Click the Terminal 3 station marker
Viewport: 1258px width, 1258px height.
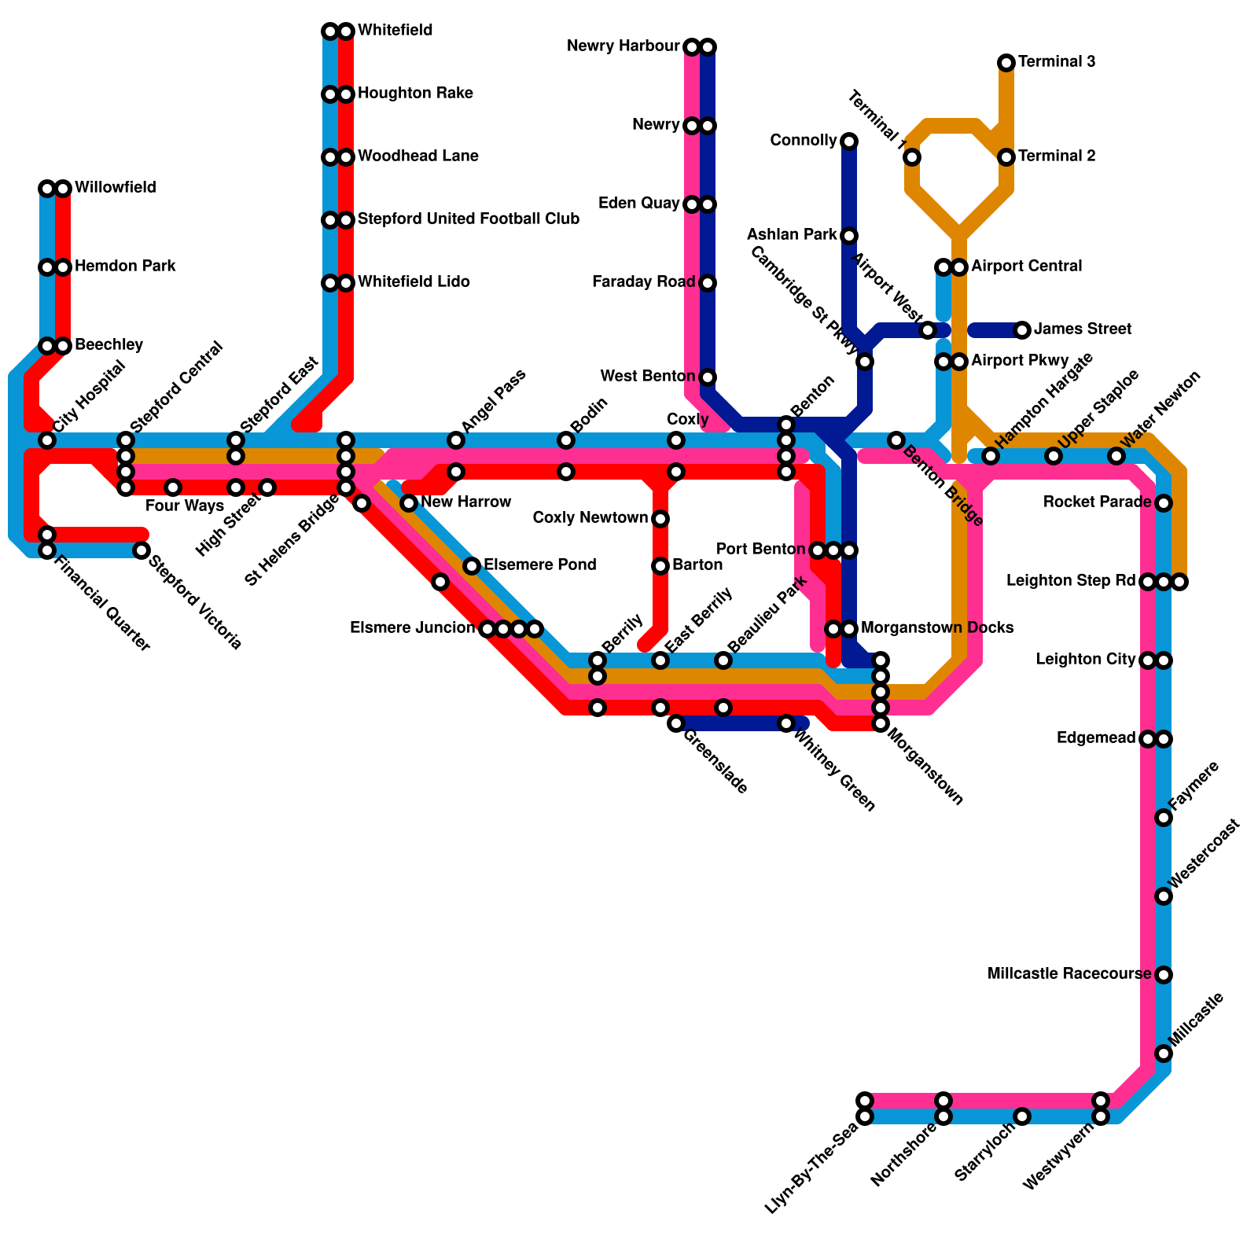[x=1006, y=63]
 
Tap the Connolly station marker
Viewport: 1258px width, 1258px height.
[x=849, y=142]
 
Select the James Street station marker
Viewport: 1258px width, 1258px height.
[x=1022, y=330]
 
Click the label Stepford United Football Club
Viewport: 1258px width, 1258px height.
[x=469, y=219]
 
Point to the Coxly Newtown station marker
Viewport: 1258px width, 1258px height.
[x=660, y=519]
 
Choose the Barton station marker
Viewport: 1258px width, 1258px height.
[x=660, y=566]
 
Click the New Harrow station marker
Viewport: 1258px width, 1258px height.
[x=409, y=503]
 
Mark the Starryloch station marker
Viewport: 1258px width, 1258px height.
[x=1022, y=1116]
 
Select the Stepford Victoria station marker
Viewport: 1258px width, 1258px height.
[x=142, y=550]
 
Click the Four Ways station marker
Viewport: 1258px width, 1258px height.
[x=173, y=487]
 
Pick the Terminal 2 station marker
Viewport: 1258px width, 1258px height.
[x=1006, y=157]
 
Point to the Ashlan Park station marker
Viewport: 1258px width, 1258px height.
[x=849, y=236]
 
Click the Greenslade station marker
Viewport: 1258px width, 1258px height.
[x=676, y=723]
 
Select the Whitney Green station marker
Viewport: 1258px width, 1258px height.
[x=786, y=723]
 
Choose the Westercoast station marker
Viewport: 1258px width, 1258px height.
[x=1164, y=896]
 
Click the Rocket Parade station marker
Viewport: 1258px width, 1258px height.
[x=1164, y=503]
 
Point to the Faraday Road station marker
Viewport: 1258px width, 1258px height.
[x=708, y=283]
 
